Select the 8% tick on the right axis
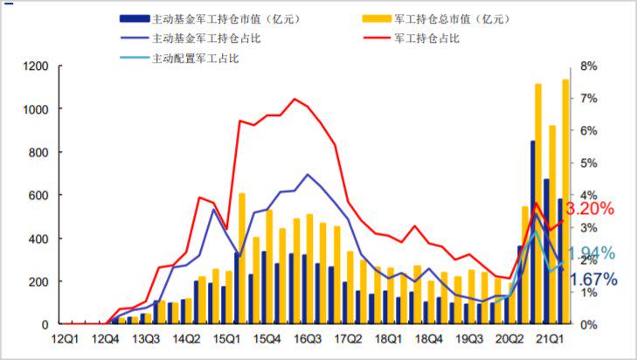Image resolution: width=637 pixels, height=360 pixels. click(588, 66)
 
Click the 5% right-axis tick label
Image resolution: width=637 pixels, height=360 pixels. click(588, 163)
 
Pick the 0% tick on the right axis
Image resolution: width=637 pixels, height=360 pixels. click(588, 324)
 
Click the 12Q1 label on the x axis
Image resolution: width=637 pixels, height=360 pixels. click(66, 338)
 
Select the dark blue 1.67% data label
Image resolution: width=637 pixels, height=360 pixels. click(593, 280)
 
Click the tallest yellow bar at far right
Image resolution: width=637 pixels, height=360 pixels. click(566, 202)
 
